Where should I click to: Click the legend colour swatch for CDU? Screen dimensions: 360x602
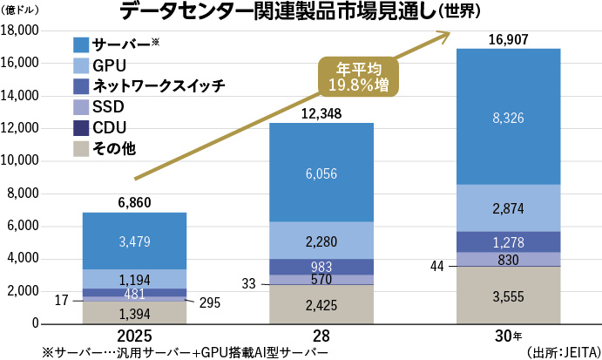coord(80,127)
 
